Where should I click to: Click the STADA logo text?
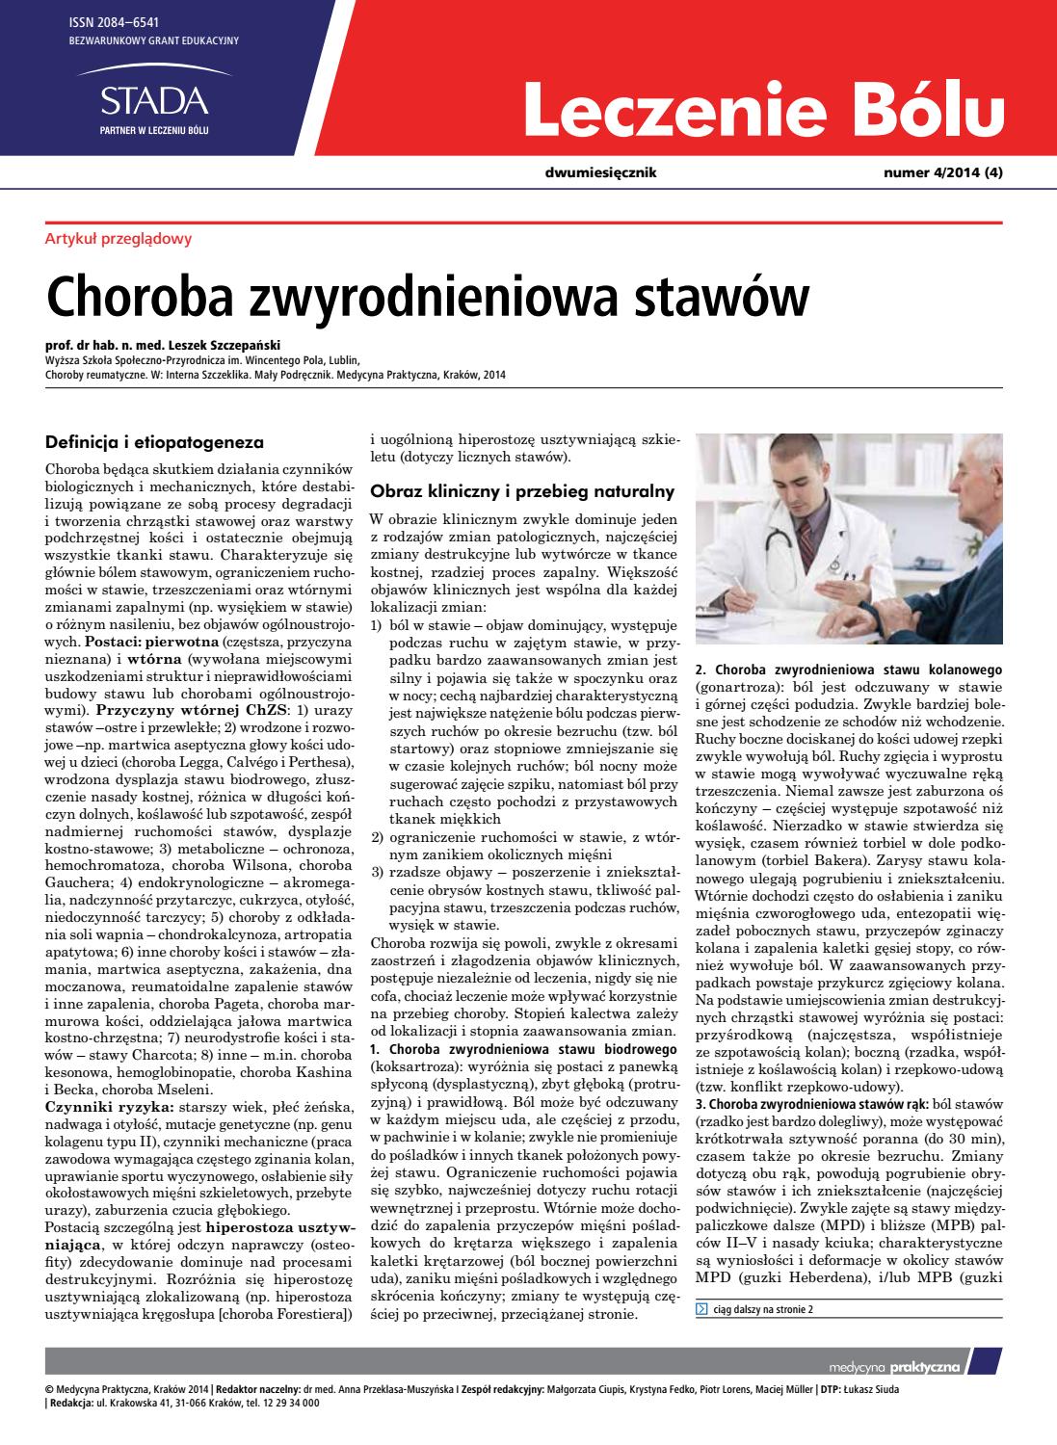154,100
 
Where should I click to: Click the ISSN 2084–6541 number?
110,21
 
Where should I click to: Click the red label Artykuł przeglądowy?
119,239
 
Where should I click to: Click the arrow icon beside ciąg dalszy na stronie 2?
700,1309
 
